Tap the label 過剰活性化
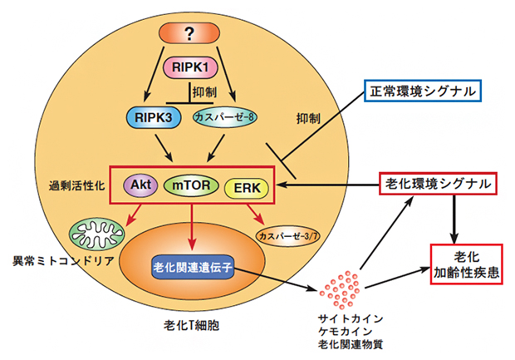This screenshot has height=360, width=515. (x=76, y=185)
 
